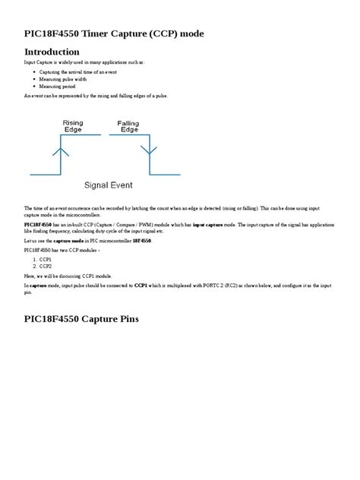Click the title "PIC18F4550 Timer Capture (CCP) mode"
tap(114, 34)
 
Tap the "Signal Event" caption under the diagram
tap(107, 185)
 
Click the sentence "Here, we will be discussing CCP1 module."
tap(68, 276)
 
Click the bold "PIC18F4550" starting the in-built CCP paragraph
tap(38, 225)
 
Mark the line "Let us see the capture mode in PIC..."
tap(88, 240)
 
